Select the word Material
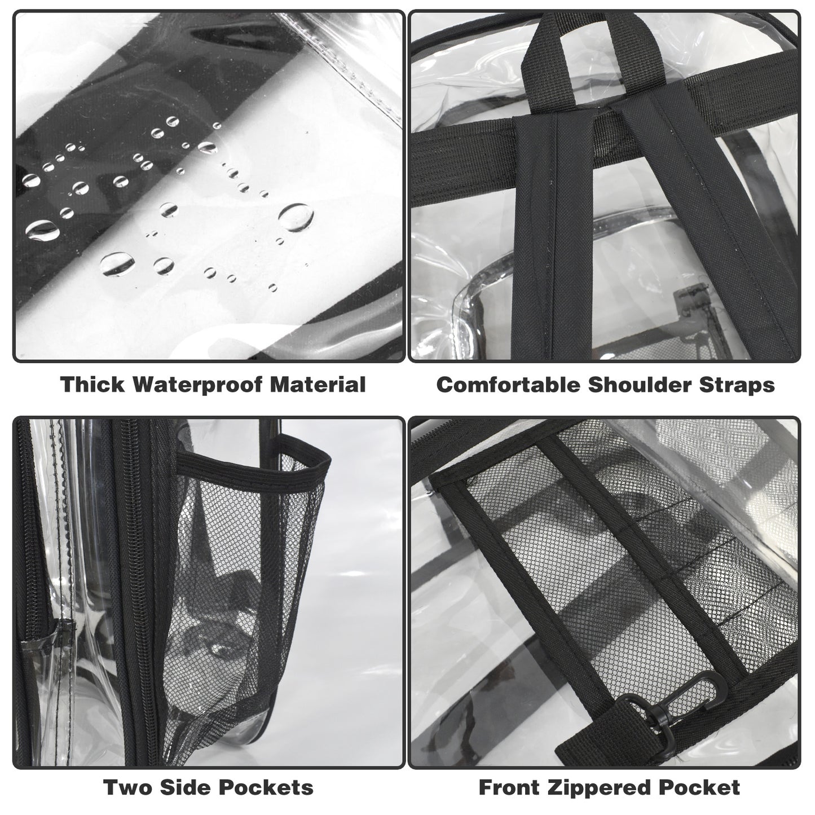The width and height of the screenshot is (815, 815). [x=318, y=385]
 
